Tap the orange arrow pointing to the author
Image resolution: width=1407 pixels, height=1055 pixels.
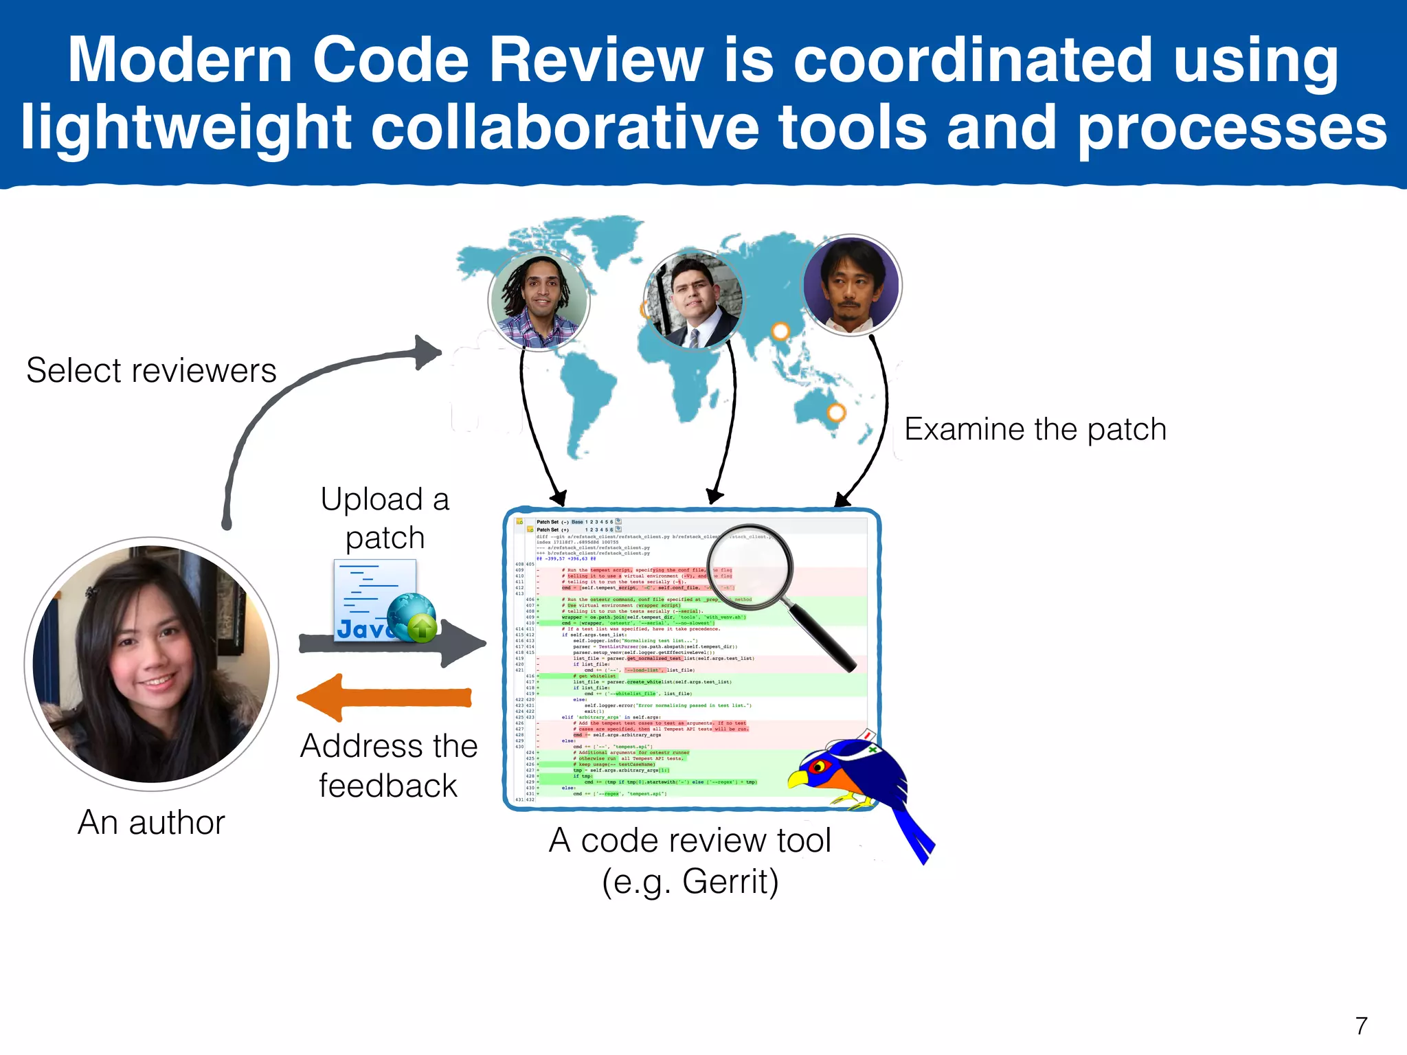pyautogui.click(x=385, y=698)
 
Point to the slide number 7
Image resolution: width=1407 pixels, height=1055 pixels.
pyautogui.click(x=1361, y=1025)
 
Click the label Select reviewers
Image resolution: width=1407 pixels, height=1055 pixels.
pyautogui.click(x=151, y=370)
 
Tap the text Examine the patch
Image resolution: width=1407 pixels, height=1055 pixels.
pyautogui.click(x=1035, y=429)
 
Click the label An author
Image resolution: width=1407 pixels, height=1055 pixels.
pyautogui.click(x=151, y=822)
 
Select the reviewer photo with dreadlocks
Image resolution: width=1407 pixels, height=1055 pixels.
pyautogui.click(x=539, y=301)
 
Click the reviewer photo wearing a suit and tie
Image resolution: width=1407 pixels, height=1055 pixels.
pyautogui.click(x=694, y=299)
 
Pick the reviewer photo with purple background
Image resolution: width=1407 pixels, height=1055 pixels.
pyautogui.click(x=851, y=284)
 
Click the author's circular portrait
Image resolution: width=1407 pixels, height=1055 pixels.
pyautogui.click(x=152, y=663)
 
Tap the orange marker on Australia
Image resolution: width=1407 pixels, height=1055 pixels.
pyautogui.click(x=836, y=413)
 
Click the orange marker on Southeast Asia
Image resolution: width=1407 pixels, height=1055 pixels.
pyautogui.click(x=780, y=332)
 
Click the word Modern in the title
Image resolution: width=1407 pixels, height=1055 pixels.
pyautogui.click(x=180, y=60)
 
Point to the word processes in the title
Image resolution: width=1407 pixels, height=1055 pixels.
pyautogui.click(x=1232, y=128)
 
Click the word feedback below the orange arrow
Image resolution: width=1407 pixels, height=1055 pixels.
pyautogui.click(x=388, y=785)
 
